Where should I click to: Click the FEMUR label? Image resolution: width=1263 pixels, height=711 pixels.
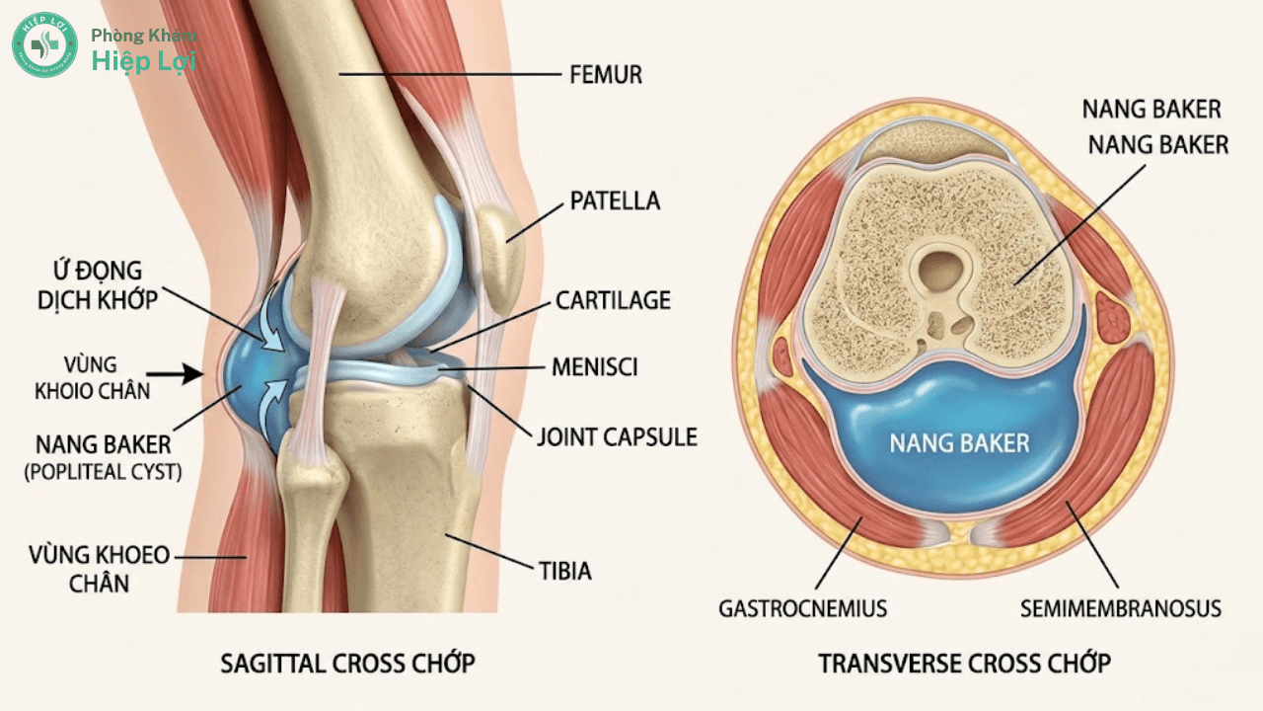click(x=606, y=74)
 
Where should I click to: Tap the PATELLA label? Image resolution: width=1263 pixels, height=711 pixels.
click(x=615, y=200)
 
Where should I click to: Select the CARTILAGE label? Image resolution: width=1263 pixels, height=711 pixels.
click(x=613, y=300)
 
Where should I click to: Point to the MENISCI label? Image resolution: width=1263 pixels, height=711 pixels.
click(x=594, y=367)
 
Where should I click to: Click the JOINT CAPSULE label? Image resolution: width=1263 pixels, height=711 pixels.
click(x=617, y=437)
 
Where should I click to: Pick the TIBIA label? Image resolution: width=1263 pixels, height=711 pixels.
click(x=565, y=571)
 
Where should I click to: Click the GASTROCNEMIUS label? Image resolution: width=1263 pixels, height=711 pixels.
click(x=802, y=608)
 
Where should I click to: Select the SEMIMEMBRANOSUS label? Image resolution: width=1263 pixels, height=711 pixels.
click(x=1121, y=608)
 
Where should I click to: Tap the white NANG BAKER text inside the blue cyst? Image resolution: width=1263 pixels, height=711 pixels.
click(x=960, y=443)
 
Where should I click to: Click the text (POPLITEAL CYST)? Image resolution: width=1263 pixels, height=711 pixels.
click(x=104, y=472)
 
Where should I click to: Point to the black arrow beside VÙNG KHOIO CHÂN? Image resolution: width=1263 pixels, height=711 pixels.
click(x=175, y=373)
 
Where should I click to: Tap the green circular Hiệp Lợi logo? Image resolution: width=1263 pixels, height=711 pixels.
click(x=44, y=44)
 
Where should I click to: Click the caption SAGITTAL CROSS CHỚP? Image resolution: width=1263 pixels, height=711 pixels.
click(x=347, y=663)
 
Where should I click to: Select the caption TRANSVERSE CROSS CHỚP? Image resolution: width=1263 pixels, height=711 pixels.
click(x=965, y=663)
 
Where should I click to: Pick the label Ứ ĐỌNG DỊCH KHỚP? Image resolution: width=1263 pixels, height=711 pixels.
click(x=98, y=285)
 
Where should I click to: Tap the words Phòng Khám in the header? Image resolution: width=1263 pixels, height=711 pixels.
click(x=144, y=36)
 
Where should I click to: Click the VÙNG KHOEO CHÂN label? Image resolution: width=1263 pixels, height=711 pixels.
click(x=100, y=569)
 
